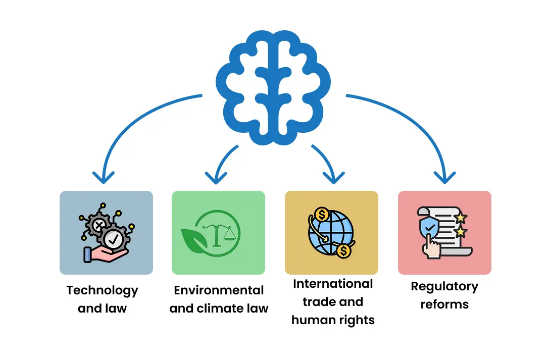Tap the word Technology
(102, 290)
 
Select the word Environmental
(219, 290)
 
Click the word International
(333, 284)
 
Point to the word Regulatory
(444, 287)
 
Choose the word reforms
(444, 304)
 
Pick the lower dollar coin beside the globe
(344, 250)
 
